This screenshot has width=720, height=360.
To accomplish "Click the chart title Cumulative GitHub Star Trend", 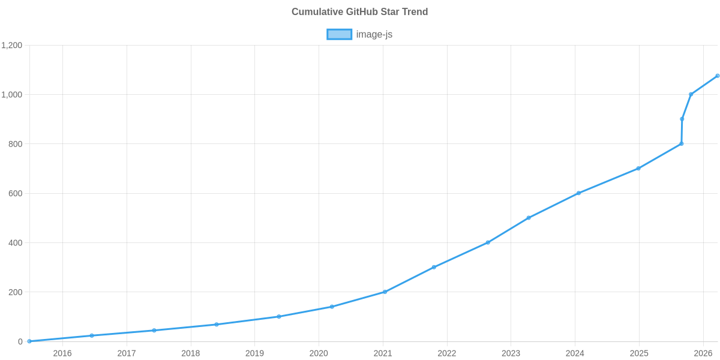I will (359, 12).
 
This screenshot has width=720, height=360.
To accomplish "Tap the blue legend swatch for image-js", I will (339, 34).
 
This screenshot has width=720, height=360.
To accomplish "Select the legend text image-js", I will (374, 34).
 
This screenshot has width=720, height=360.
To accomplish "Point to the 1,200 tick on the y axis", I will (12, 46).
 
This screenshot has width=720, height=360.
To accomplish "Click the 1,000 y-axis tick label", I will (12, 95).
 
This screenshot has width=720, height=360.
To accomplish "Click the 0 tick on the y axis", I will (20, 341).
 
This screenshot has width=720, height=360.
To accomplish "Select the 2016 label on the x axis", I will (62, 353).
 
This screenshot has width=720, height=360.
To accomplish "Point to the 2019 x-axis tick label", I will (254, 353).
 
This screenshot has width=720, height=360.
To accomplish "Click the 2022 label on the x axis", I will (447, 353).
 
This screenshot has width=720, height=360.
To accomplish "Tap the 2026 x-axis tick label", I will (703, 353).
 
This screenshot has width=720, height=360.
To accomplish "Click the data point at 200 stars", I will (385, 292).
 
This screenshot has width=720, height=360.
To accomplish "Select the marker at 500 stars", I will (528, 218).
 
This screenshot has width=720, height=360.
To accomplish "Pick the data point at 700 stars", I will (638, 169).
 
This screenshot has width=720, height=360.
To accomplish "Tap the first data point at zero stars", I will (29, 341).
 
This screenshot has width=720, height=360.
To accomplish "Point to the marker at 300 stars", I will (434, 267).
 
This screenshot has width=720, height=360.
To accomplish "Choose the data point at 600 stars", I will (578, 193).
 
